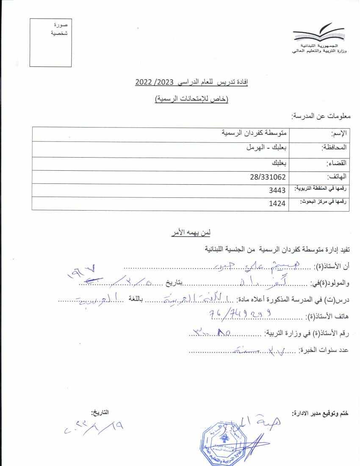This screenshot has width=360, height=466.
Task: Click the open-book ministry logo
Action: tap(318, 33)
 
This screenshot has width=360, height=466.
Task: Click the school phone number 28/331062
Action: tap(268, 177)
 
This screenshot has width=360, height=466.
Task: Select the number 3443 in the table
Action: tap(277, 190)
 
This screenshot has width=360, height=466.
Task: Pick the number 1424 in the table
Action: tap(277, 204)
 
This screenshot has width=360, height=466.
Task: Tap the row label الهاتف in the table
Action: tap(338, 177)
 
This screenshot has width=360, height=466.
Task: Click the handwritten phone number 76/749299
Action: tap(240, 314)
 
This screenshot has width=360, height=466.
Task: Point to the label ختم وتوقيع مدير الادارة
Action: tap(320, 413)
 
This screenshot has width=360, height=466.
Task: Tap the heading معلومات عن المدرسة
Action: tap(320, 116)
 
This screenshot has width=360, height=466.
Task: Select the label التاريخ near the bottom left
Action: tap(100, 412)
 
